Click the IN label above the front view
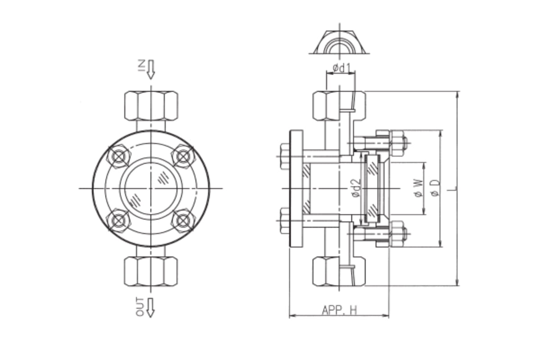[x=141, y=66]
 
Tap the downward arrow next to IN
[x=151, y=69]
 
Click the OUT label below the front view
[x=140, y=307]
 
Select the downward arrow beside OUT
[x=151, y=307]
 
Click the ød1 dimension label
[x=341, y=68]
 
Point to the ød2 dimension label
[x=356, y=189]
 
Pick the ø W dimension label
[x=419, y=189]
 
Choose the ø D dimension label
[x=435, y=188]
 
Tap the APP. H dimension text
[x=340, y=310]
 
